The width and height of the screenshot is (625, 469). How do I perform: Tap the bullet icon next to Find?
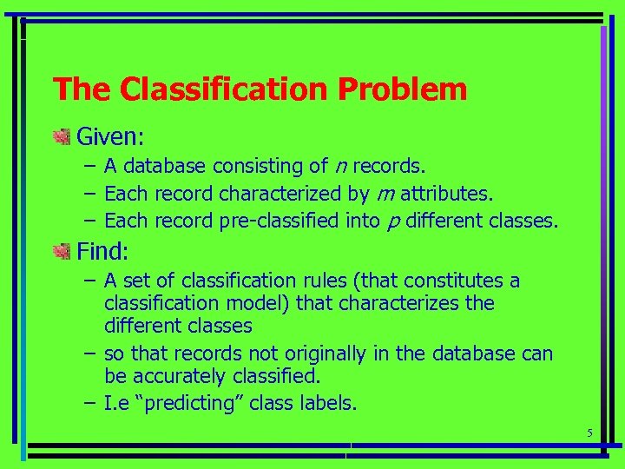(x=61, y=252)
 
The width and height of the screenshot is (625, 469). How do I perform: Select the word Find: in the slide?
(x=102, y=253)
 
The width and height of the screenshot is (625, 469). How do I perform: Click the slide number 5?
(x=589, y=433)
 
